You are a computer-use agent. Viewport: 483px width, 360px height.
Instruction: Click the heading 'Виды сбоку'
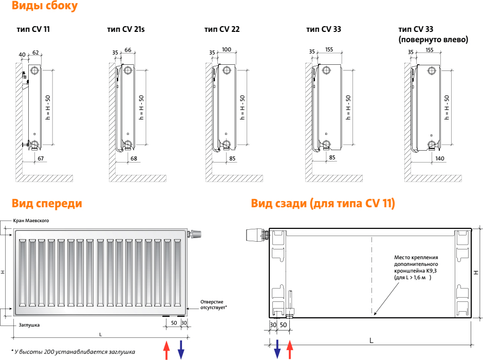[x=45, y=6]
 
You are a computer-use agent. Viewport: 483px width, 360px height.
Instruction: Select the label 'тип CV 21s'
[x=126, y=29]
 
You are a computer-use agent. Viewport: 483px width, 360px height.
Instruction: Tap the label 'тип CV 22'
[x=222, y=29]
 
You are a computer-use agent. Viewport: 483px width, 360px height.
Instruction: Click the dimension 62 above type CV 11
[x=36, y=52]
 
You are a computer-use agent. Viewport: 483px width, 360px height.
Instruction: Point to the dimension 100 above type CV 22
[x=227, y=49]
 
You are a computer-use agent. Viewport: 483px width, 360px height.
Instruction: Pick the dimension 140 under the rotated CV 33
[x=439, y=158]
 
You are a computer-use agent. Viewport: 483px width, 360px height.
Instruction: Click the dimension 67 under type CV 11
[x=41, y=158]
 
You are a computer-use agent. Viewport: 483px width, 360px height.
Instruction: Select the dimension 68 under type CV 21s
[x=134, y=158]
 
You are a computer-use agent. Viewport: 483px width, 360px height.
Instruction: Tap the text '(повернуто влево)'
[x=433, y=40]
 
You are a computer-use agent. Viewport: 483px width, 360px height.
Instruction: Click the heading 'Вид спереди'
[x=47, y=204]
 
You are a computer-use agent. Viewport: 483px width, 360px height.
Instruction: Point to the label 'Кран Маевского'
[x=31, y=221]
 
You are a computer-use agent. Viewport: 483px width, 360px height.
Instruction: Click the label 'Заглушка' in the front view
[x=29, y=325]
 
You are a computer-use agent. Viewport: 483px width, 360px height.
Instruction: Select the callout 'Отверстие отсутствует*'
[x=213, y=304]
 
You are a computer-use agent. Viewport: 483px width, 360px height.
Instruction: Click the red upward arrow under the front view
[x=166, y=350]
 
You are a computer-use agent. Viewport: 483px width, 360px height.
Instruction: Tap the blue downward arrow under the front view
[x=181, y=350]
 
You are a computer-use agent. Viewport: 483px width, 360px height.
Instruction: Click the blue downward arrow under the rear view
[x=277, y=349]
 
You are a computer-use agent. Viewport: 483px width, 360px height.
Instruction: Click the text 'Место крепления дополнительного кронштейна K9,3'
[x=416, y=264]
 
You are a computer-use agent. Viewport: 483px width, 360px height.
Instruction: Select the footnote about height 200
[x=73, y=352]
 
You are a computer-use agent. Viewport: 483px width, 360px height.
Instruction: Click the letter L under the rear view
[x=371, y=340]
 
